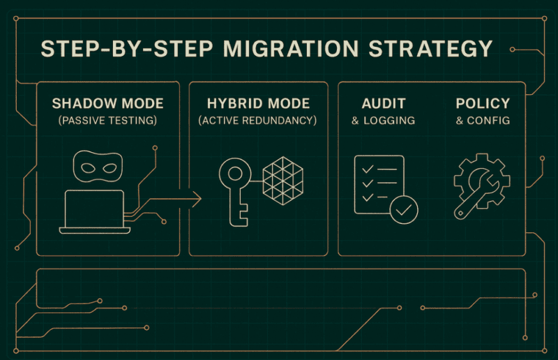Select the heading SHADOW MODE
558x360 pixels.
[107, 104]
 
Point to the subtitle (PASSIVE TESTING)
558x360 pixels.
[107, 121]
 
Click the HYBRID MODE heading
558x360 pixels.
[257, 104]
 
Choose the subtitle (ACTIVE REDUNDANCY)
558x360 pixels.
[257, 121]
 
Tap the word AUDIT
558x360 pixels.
[384, 104]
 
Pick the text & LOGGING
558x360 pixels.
[384, 121]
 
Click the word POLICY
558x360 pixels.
[482, 104]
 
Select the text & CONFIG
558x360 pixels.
[482, 121]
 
